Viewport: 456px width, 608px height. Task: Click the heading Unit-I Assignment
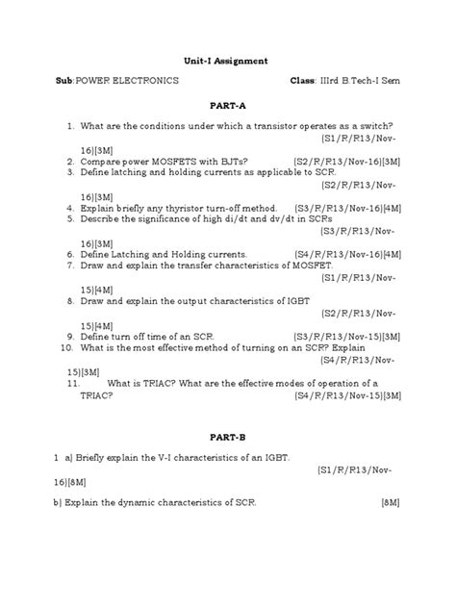(227, 59)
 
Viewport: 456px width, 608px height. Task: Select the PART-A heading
(228, 106)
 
